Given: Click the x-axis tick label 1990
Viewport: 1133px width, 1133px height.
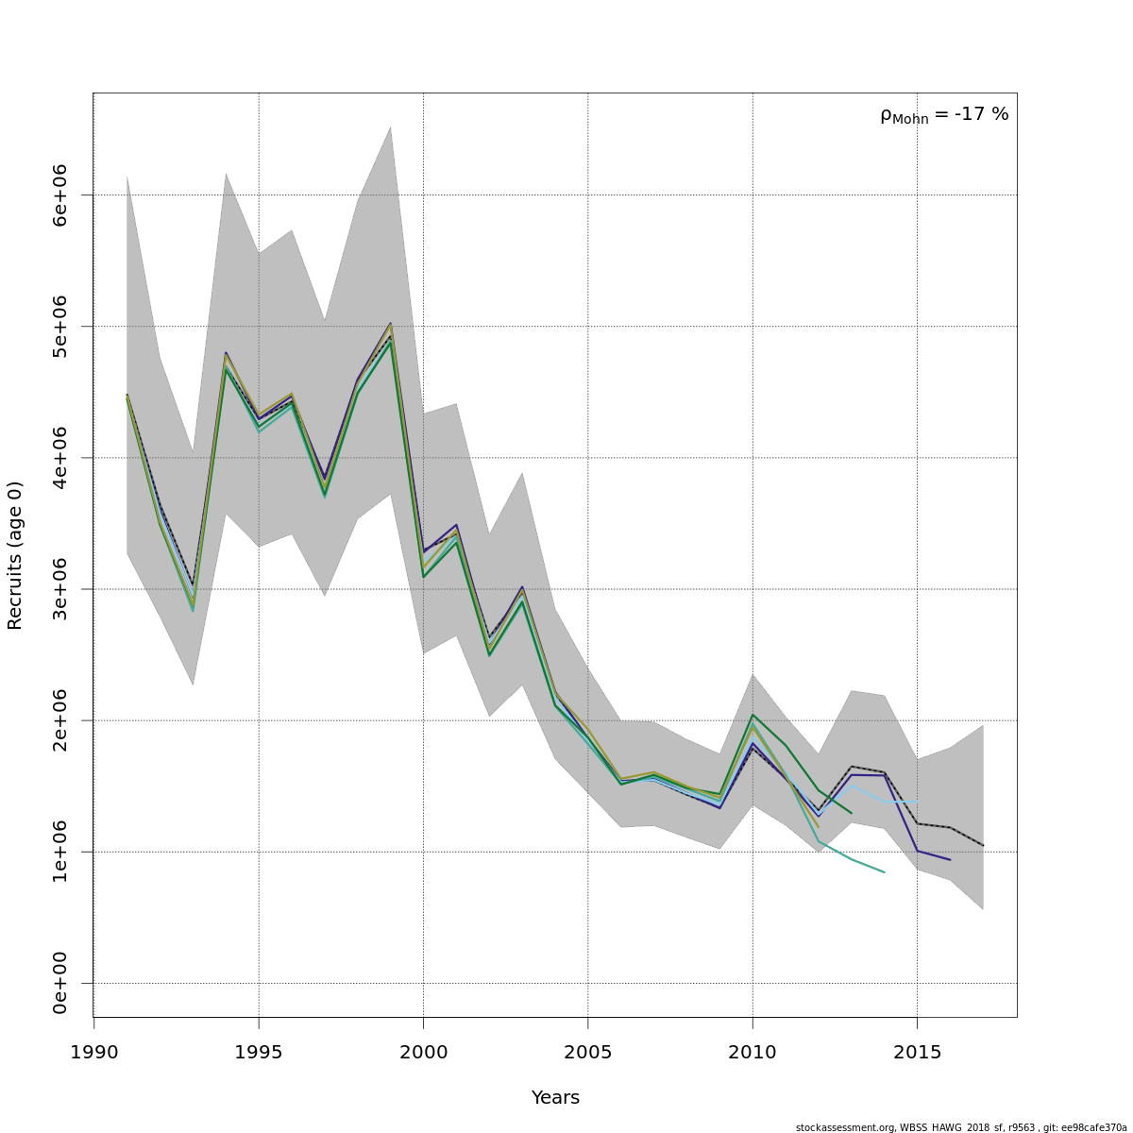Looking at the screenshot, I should [x=93, y=1052].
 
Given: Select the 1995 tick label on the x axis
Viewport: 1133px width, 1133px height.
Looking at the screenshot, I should [x=258, y=1052].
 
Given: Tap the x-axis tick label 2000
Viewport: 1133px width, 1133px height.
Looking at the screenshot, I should [x=423, y=1052].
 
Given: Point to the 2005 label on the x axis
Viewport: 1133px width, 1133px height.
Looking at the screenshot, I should [x=587, y=1052].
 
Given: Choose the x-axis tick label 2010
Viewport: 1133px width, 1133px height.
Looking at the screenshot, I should [x=753, y=1052].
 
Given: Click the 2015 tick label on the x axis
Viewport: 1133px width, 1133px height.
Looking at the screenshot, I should [x=917, y=1052].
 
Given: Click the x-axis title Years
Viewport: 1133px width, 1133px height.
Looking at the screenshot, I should [x=555, y=1098].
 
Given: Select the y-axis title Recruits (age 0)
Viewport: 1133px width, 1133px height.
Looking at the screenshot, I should [x=15, y=555].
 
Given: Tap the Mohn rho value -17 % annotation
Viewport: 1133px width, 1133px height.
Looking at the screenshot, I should [x=944, y=115].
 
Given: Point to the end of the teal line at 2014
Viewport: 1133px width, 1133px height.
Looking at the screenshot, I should [x=884, y=872].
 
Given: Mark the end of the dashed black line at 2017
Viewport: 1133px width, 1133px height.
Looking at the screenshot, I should [x=983, y=845].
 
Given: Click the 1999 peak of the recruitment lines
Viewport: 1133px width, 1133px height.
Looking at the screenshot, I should [x=390, y=325].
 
